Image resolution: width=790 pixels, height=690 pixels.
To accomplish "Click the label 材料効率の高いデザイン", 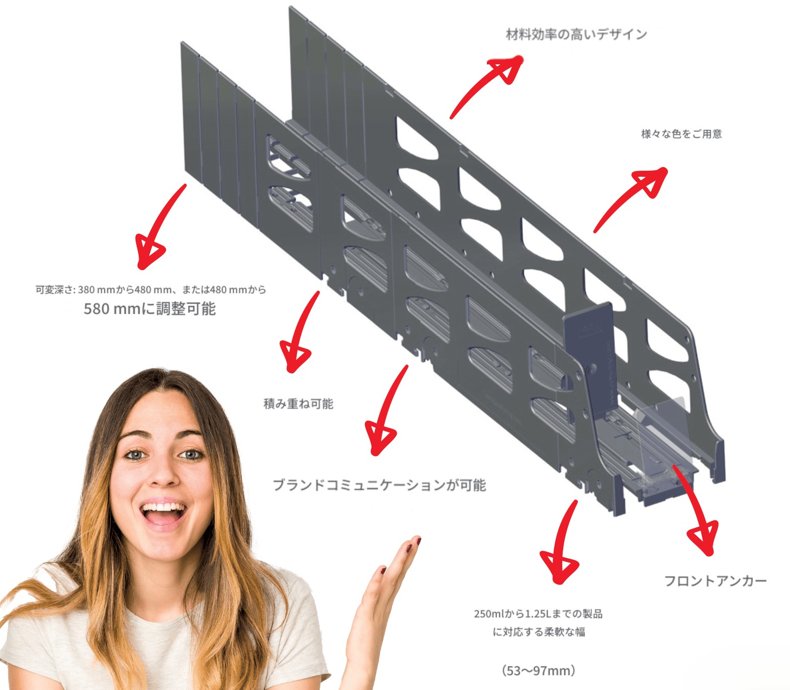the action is [576, 34].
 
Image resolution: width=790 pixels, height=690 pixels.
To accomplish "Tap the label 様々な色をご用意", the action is [681, 134].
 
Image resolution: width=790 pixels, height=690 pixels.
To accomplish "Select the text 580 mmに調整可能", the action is [149, 309].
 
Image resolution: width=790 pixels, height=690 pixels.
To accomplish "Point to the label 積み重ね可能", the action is [298, 404].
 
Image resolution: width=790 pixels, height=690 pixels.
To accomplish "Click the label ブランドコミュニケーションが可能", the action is [379, 485].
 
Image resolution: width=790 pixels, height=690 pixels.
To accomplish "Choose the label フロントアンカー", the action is [715, 581].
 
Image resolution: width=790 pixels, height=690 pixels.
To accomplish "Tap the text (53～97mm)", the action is [538, 671].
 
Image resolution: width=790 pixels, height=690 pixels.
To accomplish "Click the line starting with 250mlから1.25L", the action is [538, 614].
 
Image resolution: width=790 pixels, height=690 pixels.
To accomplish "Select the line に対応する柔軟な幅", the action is [538, 632].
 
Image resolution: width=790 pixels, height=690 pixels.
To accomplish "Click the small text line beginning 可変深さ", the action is [151, 290].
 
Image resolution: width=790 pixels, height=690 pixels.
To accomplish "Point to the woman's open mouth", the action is [163, 513].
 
